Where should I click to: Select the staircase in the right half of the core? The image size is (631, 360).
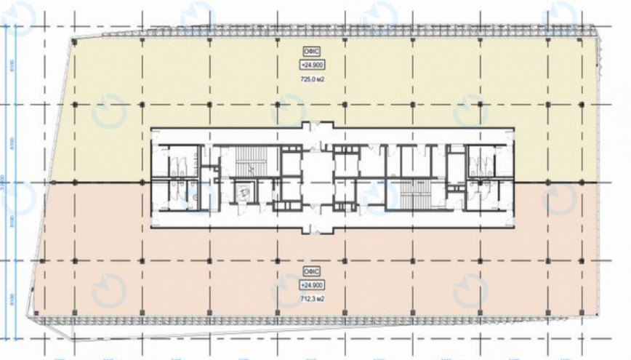415,193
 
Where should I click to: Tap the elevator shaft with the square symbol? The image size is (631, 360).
246,192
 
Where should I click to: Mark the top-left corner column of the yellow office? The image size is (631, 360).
74,41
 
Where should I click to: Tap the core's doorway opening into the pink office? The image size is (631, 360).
315,230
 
